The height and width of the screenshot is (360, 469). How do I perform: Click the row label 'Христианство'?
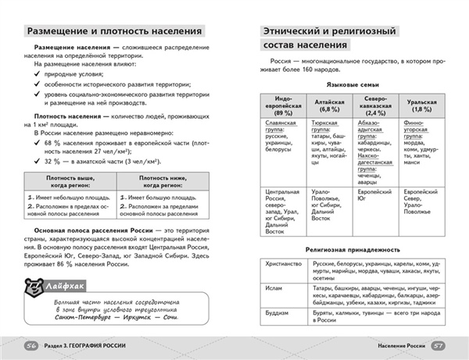click(x=284, y=264)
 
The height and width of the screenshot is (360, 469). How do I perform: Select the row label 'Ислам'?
click(x=273, y=286)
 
